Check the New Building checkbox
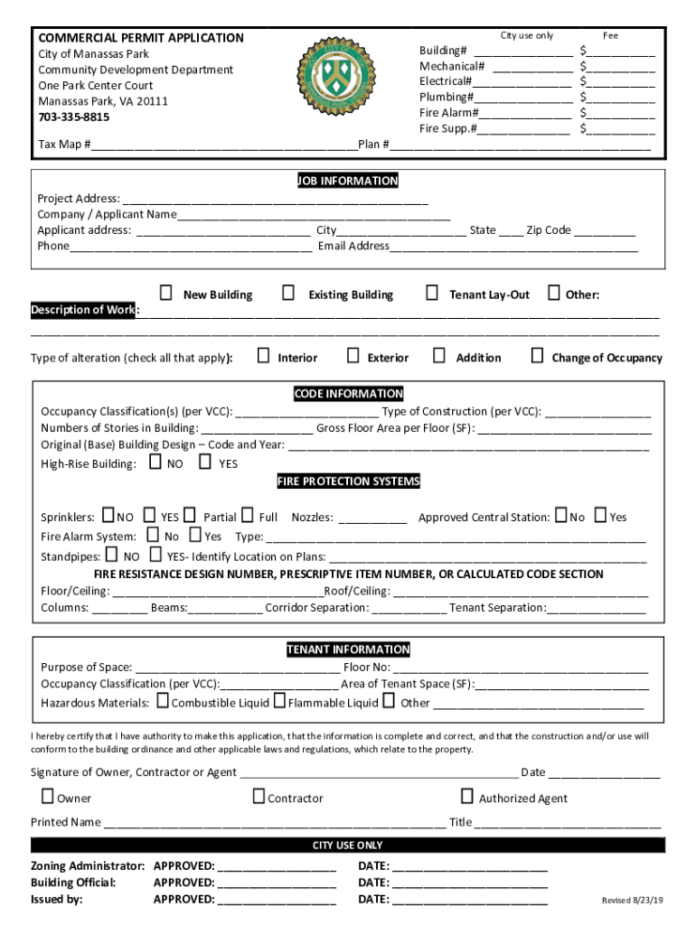(x=166, y=293)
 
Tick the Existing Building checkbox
(x=288, y=293)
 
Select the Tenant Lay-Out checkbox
(x=432, y=293)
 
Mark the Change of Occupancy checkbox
(x=537, y=355)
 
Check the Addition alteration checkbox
(x=439, y=355)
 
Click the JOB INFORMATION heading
(x=348, y=181)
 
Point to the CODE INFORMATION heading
(x=348, y=394)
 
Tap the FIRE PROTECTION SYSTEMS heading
(x=348, y=481)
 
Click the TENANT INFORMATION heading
(x=348, y=649)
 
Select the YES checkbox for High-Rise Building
(x=205, y=462)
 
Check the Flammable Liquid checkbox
(x=280, y=700)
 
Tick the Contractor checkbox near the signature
(x=259, y=796)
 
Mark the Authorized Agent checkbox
(x=467, y=796)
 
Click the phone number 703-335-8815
(x=74, y=117)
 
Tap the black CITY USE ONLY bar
(x=348, y=846)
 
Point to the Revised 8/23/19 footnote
(x=633, y=901)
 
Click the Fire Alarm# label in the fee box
(x=448, y=113)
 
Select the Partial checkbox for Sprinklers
(x=190, y=515)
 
